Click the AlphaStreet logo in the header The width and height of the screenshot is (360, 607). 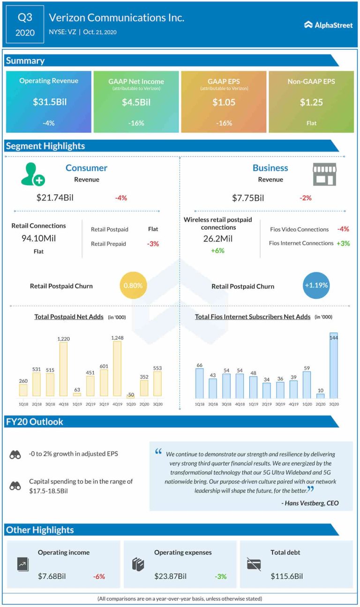[328, 25]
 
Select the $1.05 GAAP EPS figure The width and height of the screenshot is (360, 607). [224, 102]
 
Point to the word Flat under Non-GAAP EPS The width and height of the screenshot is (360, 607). [311, 123]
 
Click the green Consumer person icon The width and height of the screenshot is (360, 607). [32, 174]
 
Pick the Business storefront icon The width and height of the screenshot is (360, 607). [324, 175]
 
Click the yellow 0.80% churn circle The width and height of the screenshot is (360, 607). [134, 285]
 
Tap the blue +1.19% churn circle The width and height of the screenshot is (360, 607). [316, 285]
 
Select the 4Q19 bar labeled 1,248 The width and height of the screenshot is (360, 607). [117, 368]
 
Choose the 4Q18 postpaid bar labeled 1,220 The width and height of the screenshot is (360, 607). [63, 369]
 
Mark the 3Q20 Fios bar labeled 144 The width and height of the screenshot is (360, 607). [334, 365]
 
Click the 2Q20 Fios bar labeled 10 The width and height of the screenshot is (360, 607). [320, 396]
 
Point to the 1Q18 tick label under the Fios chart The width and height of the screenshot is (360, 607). [200, 404]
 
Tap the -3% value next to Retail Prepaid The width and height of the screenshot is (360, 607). [153, 244]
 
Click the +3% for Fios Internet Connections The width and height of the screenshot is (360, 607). [343, 243]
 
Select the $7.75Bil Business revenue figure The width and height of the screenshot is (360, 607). [248, 198]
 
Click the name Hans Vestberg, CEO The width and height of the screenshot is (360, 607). [310, 503]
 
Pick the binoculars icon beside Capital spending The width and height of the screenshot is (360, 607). [15, 486]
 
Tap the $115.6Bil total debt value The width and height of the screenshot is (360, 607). [286, 576]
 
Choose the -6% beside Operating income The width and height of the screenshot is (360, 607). [99, 576]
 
